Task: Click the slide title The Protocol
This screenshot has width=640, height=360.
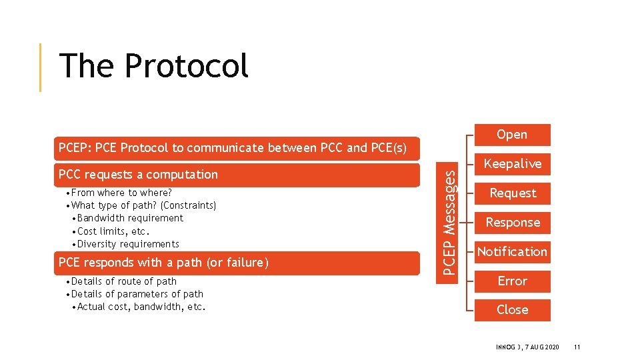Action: click(x=153, y=66)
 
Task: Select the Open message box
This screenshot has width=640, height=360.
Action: click(x=512, y=135)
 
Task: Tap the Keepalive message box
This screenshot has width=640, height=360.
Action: click(x=512, y=164)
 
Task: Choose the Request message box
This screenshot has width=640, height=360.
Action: click(x=512, y=193)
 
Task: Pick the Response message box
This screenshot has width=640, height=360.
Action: click(x=512, y=223)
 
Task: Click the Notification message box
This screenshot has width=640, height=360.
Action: click(x=512, y=252)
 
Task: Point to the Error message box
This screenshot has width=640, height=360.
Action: click(x=512, y=281)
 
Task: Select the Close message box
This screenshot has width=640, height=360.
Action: click(x=512, y=310)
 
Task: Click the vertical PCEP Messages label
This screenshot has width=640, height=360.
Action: click(x=451, y=222)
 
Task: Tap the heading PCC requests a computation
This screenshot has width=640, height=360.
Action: click(x=138, y=175)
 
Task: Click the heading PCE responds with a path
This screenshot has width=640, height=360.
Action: click(x=163, y=263)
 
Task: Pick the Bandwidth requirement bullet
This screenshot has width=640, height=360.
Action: click(x=130, y=218)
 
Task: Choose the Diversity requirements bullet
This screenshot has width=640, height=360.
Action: click(x=128, y=244)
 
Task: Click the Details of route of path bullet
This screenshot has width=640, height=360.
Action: click(x=123, y=281)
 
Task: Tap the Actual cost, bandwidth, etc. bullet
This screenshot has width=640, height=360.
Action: click(x=141, y=307)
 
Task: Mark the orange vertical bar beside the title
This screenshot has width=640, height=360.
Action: click(x=41, y=67)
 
